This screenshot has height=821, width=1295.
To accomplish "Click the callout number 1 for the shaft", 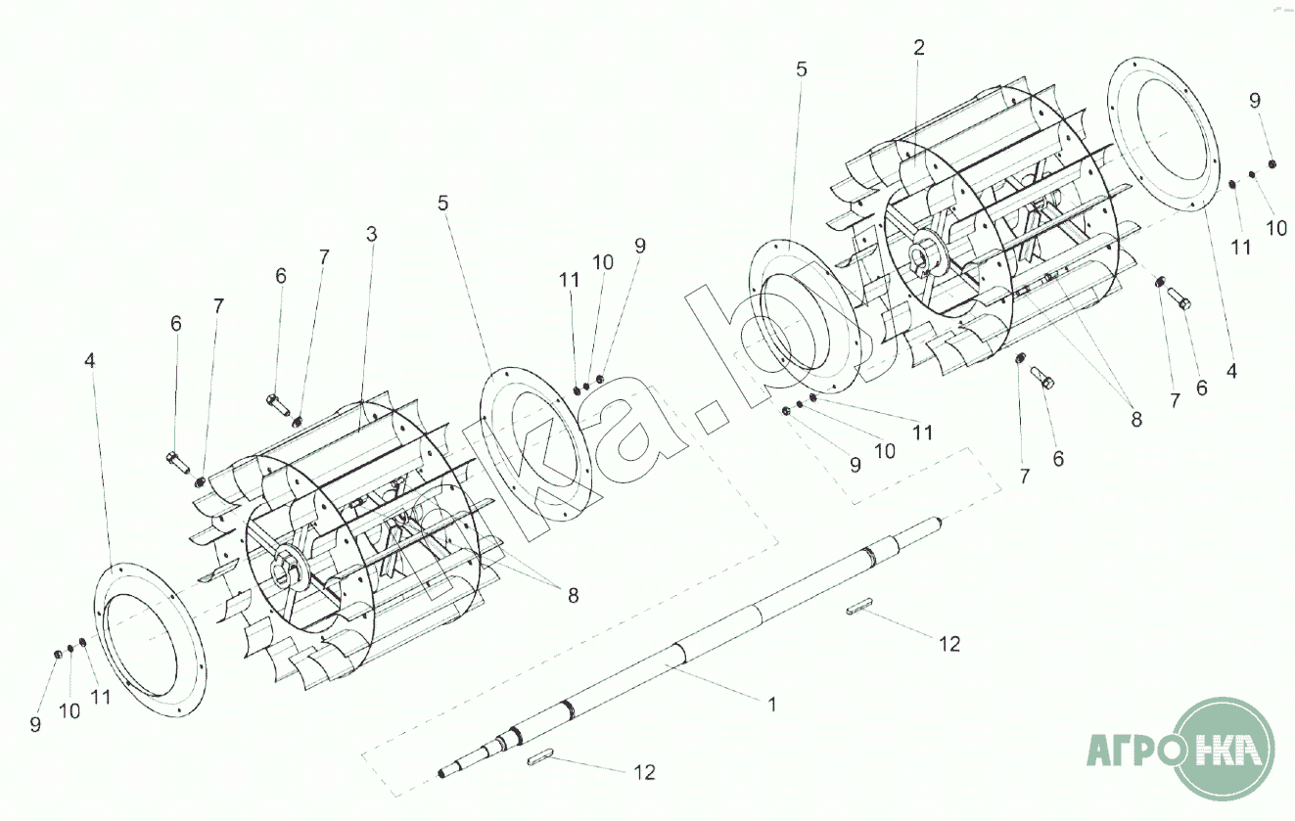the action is (x=771, y=705).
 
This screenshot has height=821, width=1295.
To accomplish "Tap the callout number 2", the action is (x=919, y=47).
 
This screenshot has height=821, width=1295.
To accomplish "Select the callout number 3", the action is (x=371, y=234).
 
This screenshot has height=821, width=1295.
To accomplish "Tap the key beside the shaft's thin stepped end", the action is (x=540, y=757).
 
